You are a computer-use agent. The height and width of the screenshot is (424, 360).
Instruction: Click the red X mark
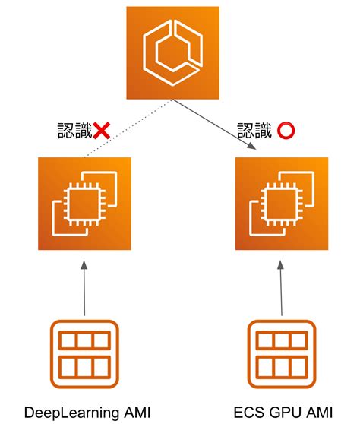[101, 131]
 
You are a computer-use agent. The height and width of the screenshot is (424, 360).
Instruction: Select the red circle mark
[286, 131]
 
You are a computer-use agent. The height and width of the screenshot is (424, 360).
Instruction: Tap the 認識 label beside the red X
[74, 131]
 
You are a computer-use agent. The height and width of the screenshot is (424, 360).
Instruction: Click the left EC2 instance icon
[84, 204]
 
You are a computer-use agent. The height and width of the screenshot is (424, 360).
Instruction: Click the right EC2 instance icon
[282, 204]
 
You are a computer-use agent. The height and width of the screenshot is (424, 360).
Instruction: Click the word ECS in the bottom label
[247, 413]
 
